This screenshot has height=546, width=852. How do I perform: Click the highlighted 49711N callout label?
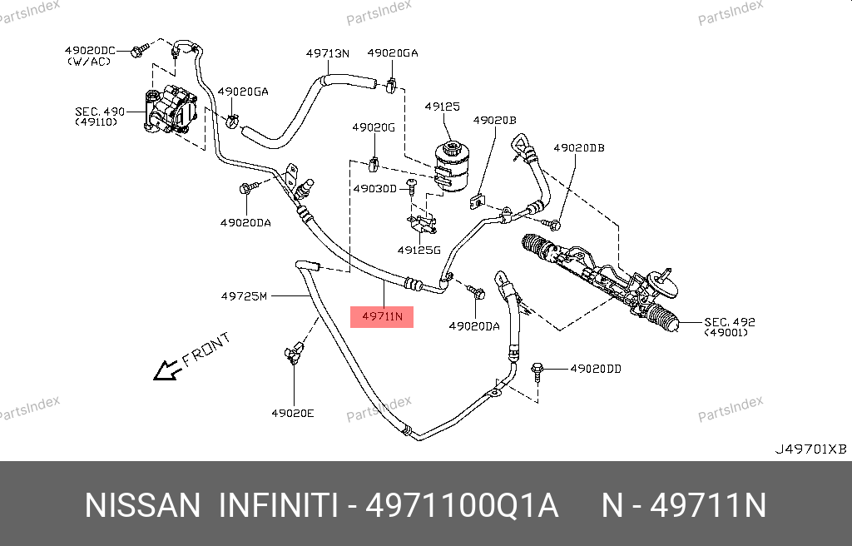click(382, 316)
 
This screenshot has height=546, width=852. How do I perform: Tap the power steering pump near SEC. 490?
click(171, 111)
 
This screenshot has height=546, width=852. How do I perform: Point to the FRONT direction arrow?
click(168, 370)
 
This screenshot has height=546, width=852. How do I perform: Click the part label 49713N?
click(328, 53)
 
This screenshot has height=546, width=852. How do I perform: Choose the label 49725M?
click(244, 296)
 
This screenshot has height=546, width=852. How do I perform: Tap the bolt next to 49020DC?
click(140, 51)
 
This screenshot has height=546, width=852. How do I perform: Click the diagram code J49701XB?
click(810, 449)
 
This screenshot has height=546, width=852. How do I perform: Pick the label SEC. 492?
click(730, 322)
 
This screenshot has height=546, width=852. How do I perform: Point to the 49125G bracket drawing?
click(422, 223)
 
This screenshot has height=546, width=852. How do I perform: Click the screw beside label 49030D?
click(411, 186)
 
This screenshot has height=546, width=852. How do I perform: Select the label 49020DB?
click(579, 148)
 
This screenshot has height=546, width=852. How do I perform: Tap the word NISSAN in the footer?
click(143, 506)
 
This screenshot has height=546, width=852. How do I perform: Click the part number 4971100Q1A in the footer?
click(463, 506)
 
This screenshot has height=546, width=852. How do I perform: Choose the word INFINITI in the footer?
click(278, 506)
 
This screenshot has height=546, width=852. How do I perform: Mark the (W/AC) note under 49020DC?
click(89, 62)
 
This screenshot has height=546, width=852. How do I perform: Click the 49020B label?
click(494, 120)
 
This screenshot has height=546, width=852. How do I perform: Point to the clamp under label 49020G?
click(374, 163)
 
